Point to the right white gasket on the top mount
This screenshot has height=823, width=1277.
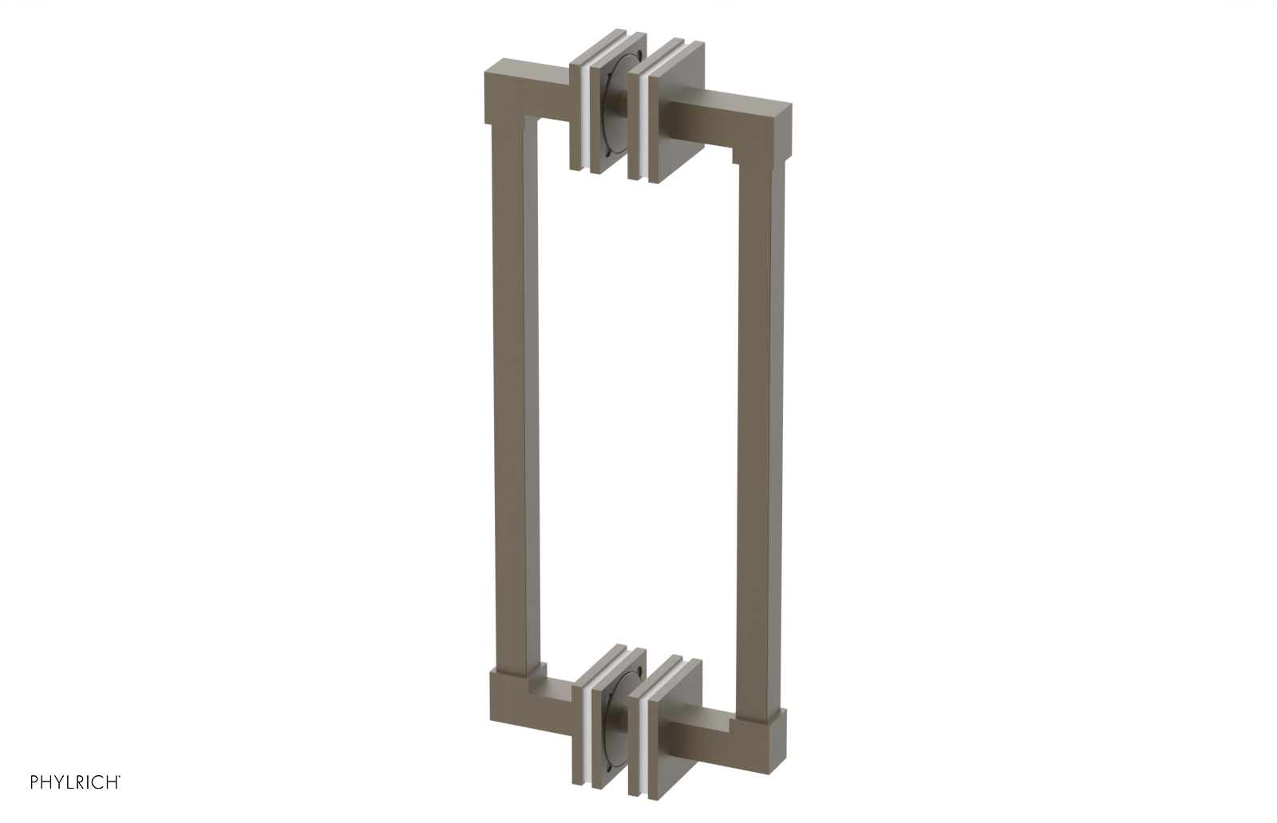point(645,128)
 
